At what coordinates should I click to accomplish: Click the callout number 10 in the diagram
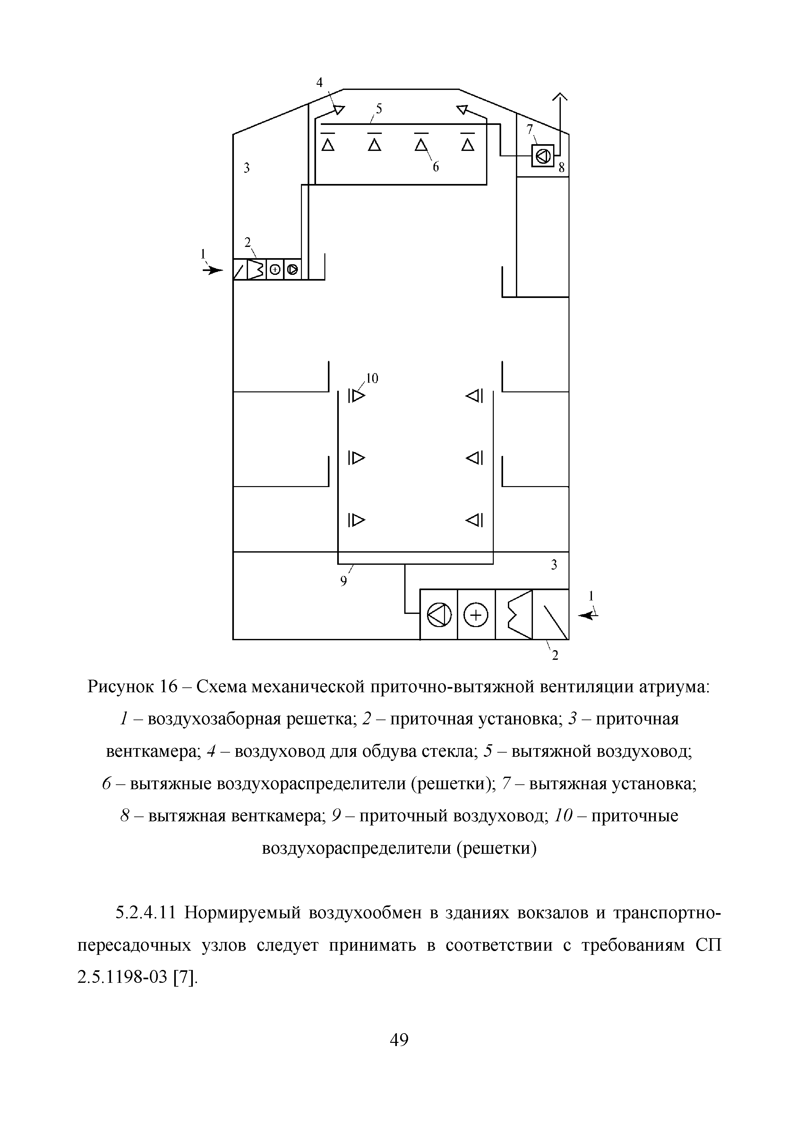coord(372,378)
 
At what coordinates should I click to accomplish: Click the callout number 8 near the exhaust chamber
coord(562,168)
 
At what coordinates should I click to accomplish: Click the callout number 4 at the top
coord(320,83)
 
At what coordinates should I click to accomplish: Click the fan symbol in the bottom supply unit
coord(439,615)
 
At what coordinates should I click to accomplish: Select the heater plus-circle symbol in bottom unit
coord(476,615)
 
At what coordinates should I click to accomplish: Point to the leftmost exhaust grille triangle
coord(328,145)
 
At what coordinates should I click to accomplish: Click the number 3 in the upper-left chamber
coord(247,168)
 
